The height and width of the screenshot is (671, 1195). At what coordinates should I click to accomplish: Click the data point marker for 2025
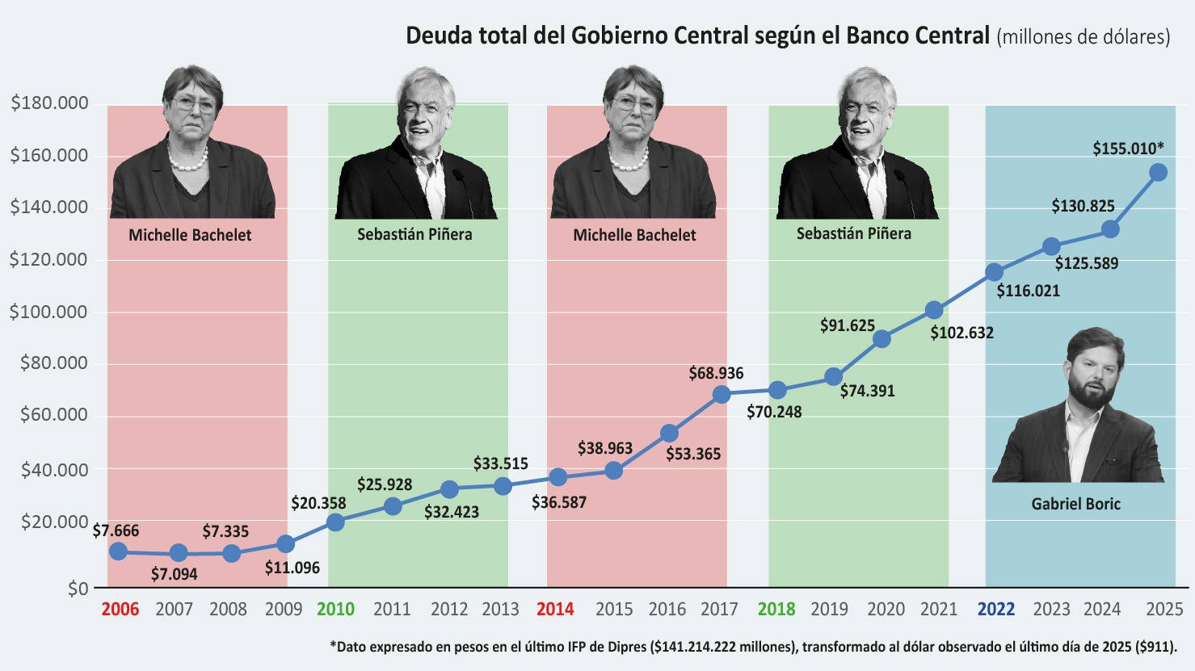click(1158, 172)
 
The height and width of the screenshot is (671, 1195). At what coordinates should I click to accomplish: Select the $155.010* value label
click(1128, 148)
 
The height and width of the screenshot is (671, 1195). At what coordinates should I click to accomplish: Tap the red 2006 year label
click(120, 609)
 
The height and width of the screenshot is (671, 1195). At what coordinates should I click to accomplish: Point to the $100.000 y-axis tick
click(48, 312)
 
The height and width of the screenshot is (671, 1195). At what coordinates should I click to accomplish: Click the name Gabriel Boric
click(1075, 504)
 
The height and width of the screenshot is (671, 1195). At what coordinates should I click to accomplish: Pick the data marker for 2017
click(722, 394)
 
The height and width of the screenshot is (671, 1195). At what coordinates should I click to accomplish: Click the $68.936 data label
click(716, 373)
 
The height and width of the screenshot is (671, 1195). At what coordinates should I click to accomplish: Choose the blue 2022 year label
click(996, 609)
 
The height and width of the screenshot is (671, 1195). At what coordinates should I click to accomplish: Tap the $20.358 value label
click(318, 502)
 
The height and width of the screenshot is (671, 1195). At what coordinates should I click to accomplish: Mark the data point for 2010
click(335, 522)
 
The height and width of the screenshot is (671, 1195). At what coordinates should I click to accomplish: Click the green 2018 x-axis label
click(776, 609)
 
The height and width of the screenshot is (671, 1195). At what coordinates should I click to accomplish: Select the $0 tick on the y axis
click(78, 589)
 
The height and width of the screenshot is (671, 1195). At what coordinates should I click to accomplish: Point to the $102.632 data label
click(961, 333)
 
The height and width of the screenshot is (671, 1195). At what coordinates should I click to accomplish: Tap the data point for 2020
click(882, 339)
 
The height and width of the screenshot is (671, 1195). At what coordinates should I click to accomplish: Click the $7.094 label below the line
click(174, 574)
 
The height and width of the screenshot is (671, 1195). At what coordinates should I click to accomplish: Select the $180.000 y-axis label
click(49, 103)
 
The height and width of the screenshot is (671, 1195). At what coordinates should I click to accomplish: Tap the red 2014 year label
click(555, 609)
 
